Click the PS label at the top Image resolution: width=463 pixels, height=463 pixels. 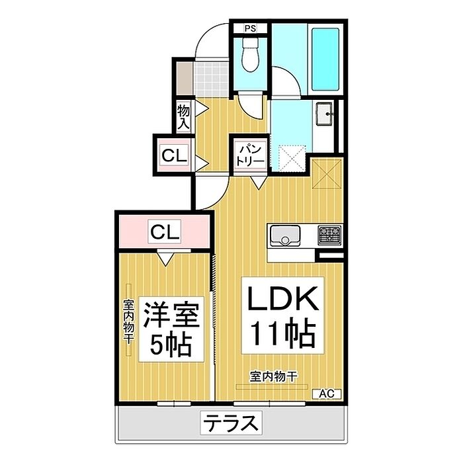point(250,28)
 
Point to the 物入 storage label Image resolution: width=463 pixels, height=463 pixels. point(183,116)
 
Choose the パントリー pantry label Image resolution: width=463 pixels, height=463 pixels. point(249,155)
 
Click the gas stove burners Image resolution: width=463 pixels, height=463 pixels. point(329,234)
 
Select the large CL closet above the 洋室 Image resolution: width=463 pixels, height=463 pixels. point(164,232)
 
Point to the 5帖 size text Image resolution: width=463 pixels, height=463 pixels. point(171,344)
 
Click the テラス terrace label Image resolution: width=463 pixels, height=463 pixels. point(229,422)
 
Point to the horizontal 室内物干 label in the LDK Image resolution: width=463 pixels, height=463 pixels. point(273,377)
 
